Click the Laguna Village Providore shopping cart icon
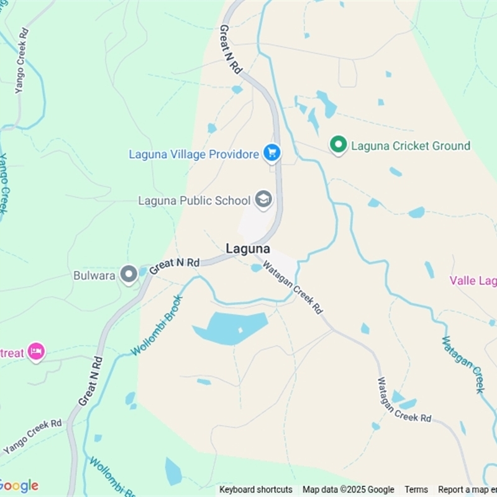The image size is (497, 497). coord(271,152)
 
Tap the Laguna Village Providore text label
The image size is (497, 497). coord(193,154)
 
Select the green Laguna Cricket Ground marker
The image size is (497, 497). coord(338,145)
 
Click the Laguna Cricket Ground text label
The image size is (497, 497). coord(411,146)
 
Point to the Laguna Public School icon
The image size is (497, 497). coord(263,199)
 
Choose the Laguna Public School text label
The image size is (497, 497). coord(194,201)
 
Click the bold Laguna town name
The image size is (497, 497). coord(248,248)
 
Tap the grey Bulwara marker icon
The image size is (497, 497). coord(129,274)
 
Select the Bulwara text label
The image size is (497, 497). coord(94,275)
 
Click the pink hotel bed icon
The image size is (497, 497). coord(37,352)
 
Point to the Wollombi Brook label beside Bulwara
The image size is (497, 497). coord(157,326)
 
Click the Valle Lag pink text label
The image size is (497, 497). coord(473,281)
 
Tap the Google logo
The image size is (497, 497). coord(19,486)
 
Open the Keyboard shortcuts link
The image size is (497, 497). coord(255,490)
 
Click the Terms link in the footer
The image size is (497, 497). coord(416,490)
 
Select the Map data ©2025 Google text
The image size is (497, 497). coord(348,490)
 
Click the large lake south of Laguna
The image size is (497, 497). coord(230,327)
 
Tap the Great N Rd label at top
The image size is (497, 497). coord(230,50)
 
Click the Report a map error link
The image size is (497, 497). coord(467,490)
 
